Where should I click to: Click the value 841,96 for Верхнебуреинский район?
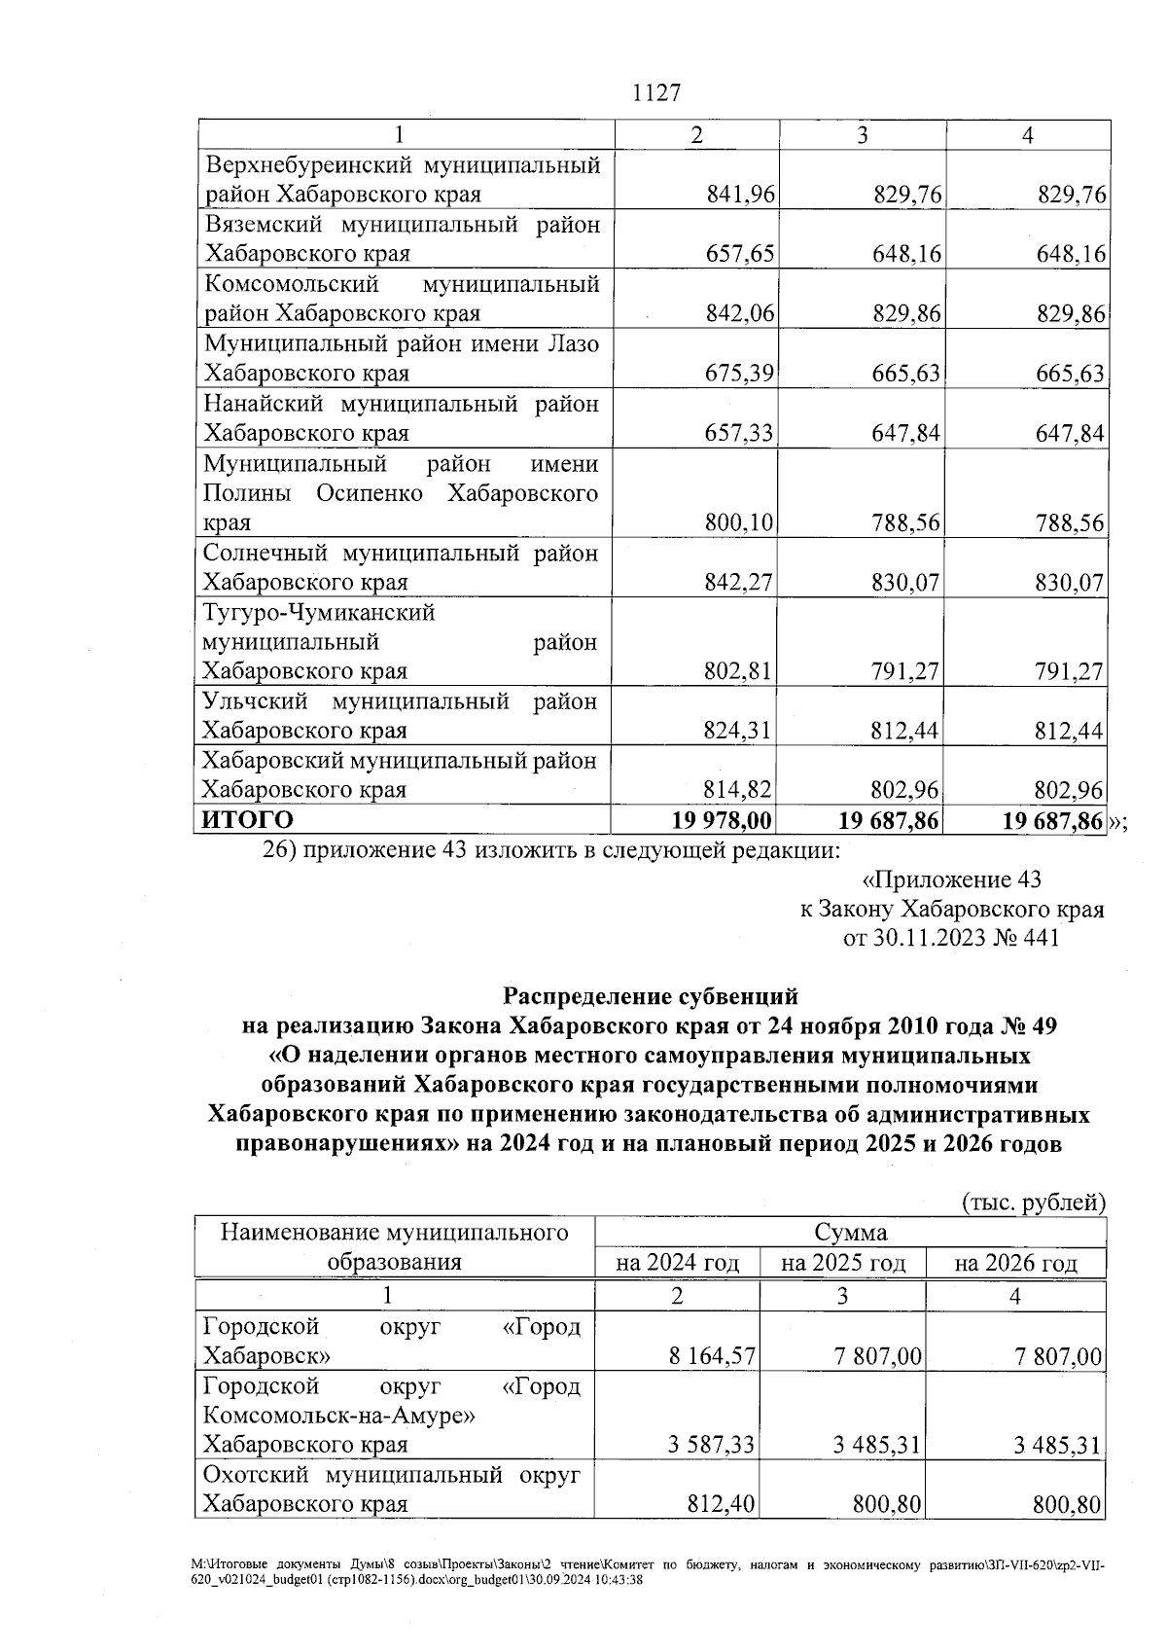coord(740,195)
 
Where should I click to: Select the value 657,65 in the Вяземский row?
coord(740,254)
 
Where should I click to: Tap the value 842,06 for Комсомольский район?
coord(740,313)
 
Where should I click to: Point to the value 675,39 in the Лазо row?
coord(740,374)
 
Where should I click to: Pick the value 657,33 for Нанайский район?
coord(740,433)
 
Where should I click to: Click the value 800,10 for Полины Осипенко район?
coord(740,522)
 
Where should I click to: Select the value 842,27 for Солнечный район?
coord(740,583)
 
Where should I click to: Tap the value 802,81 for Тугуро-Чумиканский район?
coord(740,671)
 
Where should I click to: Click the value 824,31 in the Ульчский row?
coord(740,731)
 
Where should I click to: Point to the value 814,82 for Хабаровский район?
coord(740,790)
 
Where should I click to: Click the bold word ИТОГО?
coord(247,820)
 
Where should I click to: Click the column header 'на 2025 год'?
coord(843,1263)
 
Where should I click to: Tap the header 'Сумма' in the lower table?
coord(851,1233)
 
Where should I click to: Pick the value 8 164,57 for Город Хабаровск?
coord(712,1356)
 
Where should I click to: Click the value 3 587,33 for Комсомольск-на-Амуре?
coord(712,1445)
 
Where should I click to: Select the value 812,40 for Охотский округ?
coord(722,1505)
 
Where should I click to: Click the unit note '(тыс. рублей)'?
coord(1033,1202)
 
